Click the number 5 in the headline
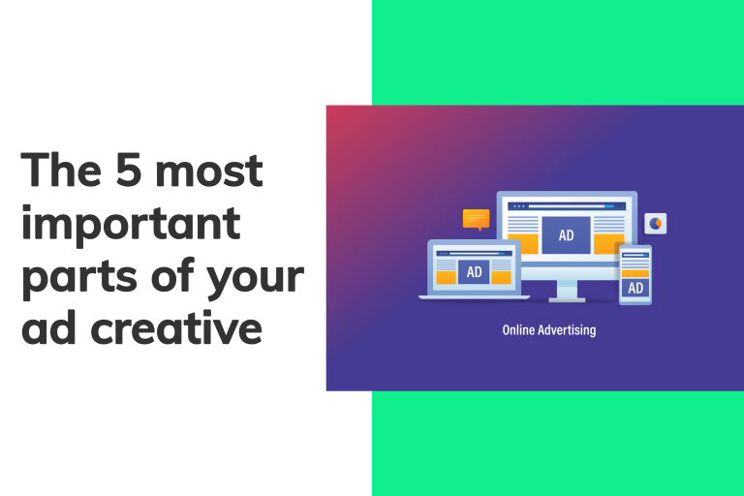coord(120,172)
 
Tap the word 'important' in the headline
coord(131,226)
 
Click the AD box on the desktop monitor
coord(566,235)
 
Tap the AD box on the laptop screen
coord(474,272)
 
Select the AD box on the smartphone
coord(635,288)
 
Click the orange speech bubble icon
coord(476,219)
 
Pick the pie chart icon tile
coord(656,224)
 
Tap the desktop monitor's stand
coord(567,290)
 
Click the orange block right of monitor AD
coord(608,245)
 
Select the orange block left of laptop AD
coord(446,277)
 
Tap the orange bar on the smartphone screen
coord(635,271)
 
